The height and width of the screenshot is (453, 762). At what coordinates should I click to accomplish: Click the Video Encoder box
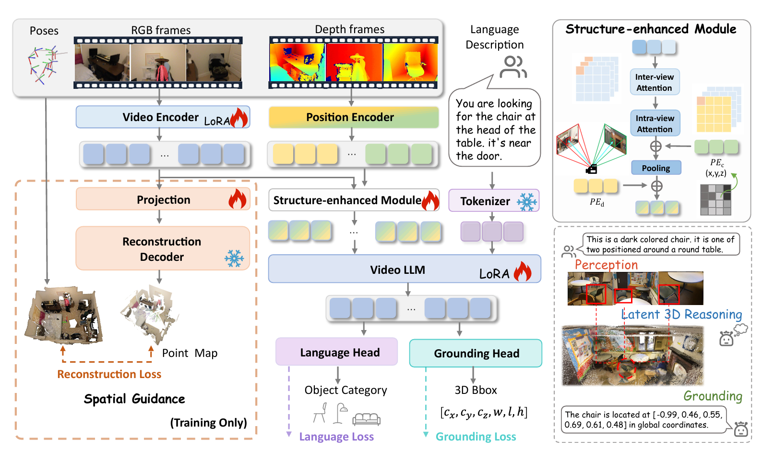(163, 117)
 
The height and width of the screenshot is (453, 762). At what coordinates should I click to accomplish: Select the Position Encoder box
(354, 117)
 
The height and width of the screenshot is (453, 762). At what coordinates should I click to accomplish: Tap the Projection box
(163, 199)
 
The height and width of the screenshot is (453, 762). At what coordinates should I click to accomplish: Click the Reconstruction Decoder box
(163, 248)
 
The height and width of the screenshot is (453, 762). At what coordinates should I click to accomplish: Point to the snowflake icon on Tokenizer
(527, 201)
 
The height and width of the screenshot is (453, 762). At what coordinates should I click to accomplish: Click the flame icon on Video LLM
(523, 271)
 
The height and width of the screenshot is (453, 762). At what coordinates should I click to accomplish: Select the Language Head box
(336, 352)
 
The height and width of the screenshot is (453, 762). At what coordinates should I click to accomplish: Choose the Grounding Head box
(476, 353)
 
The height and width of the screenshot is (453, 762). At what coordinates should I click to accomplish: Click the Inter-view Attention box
(655, 82)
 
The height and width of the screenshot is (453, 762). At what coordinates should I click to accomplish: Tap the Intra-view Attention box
(655, 123)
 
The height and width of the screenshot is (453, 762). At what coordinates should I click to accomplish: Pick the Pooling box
(656, 168)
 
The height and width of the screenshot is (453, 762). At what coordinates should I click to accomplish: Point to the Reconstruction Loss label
(109, 374)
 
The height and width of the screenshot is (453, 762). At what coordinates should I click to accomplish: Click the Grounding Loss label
(476, 436)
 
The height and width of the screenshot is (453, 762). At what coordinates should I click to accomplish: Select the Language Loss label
(336, 436)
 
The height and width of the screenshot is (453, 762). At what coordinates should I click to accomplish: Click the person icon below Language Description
(513, 67)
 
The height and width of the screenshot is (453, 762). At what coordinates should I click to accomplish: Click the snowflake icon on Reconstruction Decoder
(234, 258)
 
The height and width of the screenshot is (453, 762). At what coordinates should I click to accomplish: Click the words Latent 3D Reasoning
(682, 314)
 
